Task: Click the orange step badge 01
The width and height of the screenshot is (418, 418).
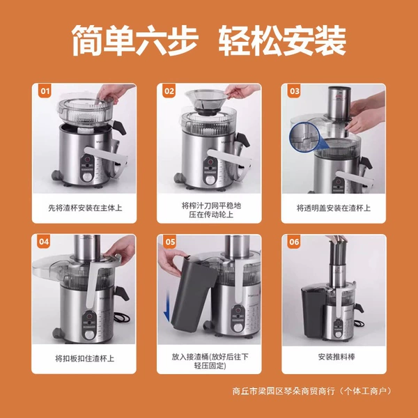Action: point(45,91)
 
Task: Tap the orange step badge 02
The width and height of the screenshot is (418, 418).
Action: point(169,91)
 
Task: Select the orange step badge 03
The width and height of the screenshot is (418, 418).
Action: point(294,91)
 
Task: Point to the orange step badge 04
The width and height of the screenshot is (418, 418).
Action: point(44,242)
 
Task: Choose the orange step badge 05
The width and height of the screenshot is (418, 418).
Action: point(170,242)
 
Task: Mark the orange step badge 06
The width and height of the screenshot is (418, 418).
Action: point(294,242)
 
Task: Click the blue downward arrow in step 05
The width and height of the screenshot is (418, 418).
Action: point(167,306)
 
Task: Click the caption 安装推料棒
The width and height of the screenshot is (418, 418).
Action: point(336,357)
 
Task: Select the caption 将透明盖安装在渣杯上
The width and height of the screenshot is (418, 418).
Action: point(334,208)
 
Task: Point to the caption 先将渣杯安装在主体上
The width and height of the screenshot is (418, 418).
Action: point(85,208)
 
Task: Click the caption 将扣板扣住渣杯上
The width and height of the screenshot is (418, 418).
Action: point(84,358)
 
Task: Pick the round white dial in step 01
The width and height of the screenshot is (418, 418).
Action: point(86,177)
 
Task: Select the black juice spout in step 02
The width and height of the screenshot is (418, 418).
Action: point(243,139)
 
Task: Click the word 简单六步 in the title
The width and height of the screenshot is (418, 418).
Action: point(134,40)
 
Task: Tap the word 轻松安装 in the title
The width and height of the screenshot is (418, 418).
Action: point(282,40)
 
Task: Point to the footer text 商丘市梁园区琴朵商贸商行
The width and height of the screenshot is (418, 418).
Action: point(284,391)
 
